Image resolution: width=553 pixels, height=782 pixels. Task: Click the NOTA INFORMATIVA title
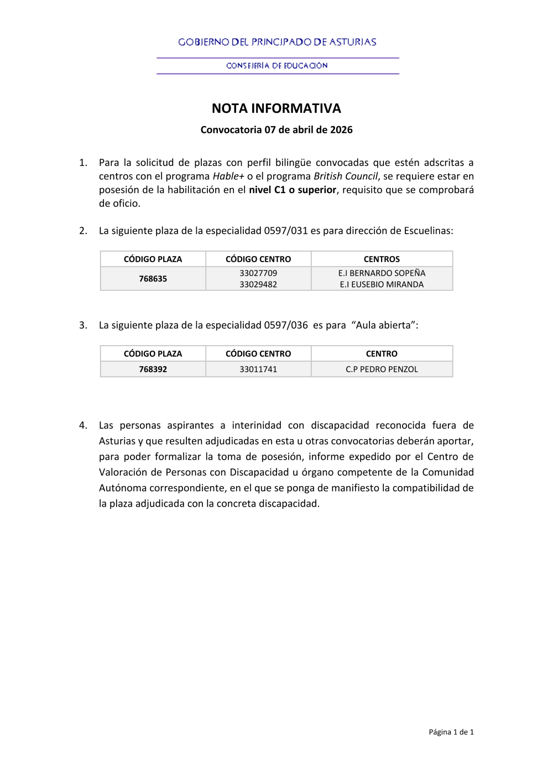[276, 108]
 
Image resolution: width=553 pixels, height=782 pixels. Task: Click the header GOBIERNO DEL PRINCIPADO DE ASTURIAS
[277, 42]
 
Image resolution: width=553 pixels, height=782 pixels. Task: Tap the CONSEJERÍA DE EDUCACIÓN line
[277, 66]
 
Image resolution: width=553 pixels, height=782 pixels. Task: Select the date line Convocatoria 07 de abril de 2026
[276, 130]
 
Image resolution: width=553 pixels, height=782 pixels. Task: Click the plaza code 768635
[153, 279]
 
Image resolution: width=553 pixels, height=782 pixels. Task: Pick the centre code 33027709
[258, 273]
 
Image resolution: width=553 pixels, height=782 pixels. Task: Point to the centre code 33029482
[258, 284]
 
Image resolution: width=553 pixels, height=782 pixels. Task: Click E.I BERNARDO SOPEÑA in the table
[382, 273]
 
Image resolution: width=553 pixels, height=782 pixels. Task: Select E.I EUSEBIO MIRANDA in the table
[382, 284]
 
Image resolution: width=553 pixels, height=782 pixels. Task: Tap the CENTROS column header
[382, 259]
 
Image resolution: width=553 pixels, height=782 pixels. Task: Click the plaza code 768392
[153, 369]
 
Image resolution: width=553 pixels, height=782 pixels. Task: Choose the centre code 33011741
[258, 369]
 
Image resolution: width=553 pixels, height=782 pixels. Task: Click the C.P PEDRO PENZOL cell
[382, 369]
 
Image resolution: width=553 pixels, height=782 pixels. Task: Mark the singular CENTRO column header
[382, 354]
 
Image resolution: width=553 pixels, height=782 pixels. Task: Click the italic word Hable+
[228, 176]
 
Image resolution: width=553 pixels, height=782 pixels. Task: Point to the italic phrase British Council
[346, 176]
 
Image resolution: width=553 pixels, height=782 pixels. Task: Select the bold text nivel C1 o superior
[293, 190]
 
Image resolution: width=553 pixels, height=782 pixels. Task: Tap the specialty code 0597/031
[285, 231]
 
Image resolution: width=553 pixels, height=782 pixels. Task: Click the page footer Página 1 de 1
[451, 732]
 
